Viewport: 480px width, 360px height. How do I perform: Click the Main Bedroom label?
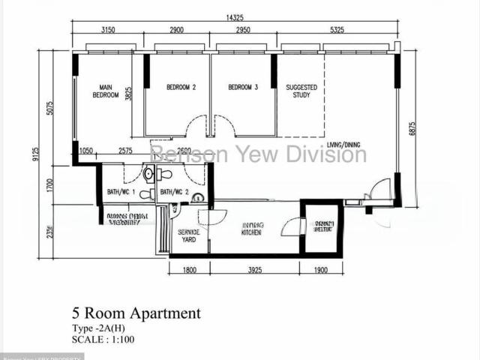pos(106,91)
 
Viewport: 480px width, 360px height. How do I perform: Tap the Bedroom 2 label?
pos(181,88)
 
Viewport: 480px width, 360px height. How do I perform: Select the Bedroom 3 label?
pos(243,88)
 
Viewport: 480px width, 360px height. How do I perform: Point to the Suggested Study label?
pos(301,91)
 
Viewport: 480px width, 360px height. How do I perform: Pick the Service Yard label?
pos(187,236)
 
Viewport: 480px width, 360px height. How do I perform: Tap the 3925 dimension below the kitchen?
pos(255,270)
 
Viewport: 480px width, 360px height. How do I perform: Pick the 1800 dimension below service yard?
pos(189,270)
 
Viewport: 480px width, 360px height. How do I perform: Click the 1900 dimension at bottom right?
pos(321,270)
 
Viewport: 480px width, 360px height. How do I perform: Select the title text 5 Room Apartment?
pos(136,313)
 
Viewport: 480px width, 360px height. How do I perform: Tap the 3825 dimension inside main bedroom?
pos(128,94)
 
